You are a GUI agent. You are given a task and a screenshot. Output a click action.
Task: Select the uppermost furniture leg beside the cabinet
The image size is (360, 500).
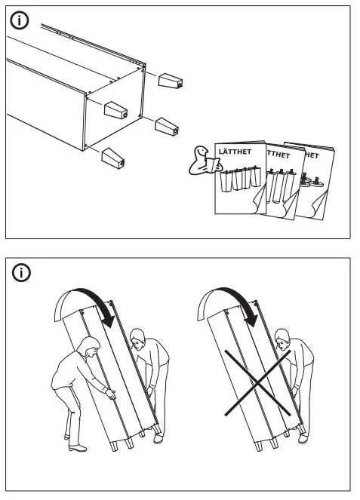(169, 80)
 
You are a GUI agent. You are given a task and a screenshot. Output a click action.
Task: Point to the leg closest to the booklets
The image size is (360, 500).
(166, 125)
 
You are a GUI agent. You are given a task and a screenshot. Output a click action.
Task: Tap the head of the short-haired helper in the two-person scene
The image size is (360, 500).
(139, 340)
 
